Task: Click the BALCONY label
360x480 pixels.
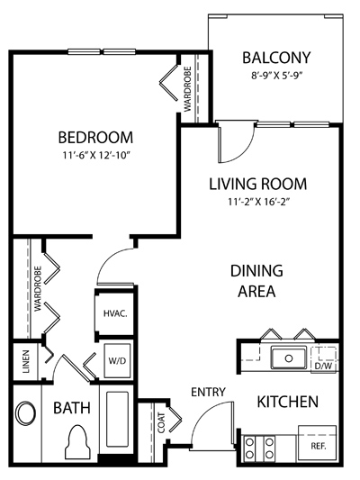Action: click(x=276, y=58)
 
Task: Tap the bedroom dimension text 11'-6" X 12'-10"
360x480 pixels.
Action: click(x=96, y=156)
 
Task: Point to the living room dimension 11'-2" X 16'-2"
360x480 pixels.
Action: click(x=259, y=202)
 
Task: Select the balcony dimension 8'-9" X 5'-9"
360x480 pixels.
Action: click(x=277, y=76)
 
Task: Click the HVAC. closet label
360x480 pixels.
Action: click(x=115, y=313)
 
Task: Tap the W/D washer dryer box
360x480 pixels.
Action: click(x=117, y=361)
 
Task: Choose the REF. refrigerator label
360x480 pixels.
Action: click(x=319, y=446)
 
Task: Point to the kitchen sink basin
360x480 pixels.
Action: click(x=288, y=358)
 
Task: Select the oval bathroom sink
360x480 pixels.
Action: click(x=26, y=413)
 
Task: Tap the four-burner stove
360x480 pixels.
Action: click(x=259, y=448)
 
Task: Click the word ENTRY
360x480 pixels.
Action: click(x=208, y=392)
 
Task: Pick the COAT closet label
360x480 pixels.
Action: click(x=161, y=422)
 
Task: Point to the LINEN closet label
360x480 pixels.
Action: click(x=27, y=361)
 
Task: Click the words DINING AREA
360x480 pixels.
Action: click(x=256, y=281)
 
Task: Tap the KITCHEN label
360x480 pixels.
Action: click(x=287, y=402)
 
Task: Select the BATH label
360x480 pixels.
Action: click(x=72, y=408)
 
